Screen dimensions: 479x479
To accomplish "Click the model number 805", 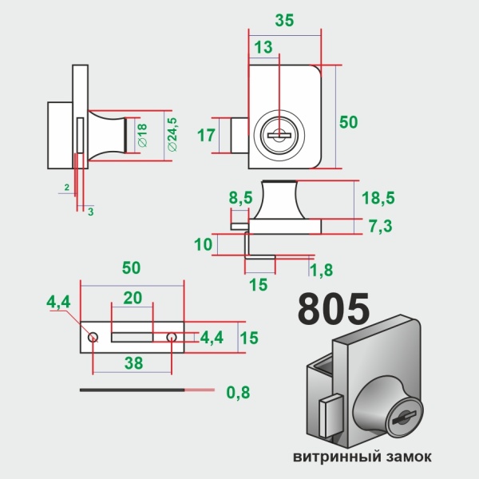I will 334,309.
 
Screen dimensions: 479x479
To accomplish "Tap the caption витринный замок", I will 362,457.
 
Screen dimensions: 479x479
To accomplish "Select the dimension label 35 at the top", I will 283,22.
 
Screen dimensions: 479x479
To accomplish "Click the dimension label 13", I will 261,48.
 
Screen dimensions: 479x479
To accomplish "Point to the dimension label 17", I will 206,135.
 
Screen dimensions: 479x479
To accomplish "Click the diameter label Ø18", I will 141,135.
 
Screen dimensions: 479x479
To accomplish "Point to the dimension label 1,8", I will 321,271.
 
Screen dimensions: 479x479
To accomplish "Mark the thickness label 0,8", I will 237,392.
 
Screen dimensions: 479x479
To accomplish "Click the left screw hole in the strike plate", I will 93,338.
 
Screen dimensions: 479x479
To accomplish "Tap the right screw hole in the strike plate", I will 171,338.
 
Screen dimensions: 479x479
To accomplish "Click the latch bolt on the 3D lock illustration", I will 328,416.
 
